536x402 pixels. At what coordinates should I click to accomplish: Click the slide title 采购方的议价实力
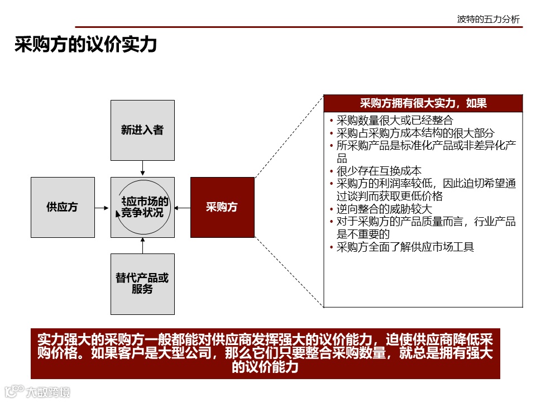pos(85,45)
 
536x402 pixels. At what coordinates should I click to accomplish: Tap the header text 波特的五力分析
pos(488,20)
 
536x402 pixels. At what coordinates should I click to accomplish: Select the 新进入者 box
pos(142,130)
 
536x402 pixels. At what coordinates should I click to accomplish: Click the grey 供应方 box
pos(63,207)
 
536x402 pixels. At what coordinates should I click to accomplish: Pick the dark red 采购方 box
pos(222,207)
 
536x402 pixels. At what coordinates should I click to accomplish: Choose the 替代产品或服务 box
pos(142,284)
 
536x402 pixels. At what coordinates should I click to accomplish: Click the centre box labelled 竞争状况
pos(142,207)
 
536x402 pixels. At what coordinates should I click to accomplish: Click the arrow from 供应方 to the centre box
pos(102,207)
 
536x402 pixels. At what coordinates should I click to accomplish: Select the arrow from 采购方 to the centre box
pos(182,207)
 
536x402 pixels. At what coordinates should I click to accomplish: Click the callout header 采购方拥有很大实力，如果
pos(423,103)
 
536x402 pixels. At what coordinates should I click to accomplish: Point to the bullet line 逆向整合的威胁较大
pos(384,209)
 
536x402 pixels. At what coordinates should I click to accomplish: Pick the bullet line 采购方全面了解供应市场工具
pos(405,247)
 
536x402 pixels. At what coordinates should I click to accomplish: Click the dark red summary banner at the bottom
pos(265,353)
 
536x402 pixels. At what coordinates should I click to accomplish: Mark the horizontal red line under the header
pos(299,27)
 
